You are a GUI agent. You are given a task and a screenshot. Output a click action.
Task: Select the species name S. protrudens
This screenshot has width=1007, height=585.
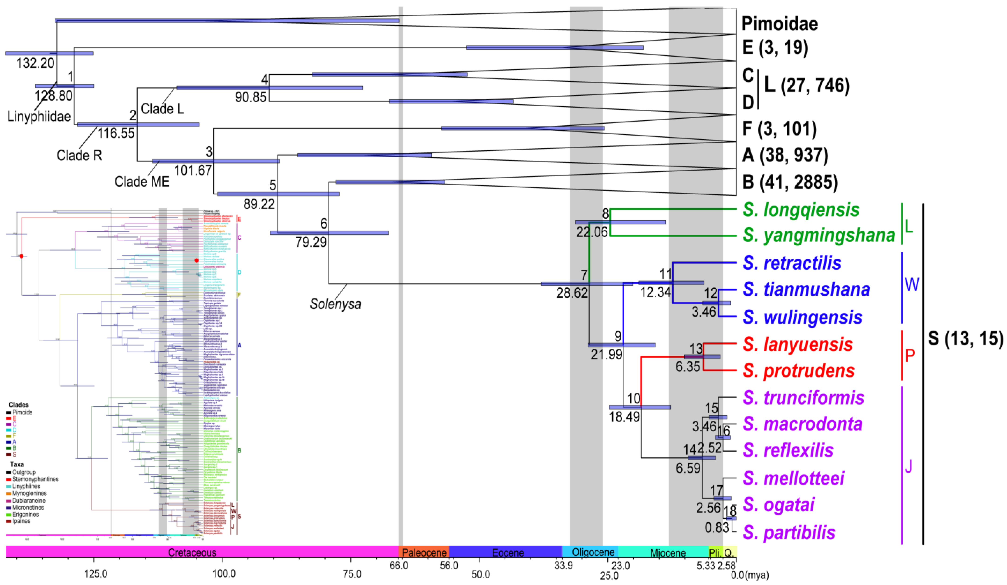[798, 371]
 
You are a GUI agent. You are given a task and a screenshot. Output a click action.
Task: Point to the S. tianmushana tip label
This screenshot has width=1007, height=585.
[806, 289]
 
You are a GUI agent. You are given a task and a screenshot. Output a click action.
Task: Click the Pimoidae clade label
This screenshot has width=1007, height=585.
[779, 24]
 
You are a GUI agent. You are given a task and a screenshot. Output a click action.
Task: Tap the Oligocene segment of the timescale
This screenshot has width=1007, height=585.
[593, 552]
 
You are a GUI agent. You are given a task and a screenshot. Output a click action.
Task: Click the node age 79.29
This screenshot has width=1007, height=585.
[311, 242]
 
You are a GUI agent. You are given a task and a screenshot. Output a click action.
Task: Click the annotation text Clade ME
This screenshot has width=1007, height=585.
[142, 182]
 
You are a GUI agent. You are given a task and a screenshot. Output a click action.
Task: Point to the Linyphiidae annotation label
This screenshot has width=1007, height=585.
[39, 117]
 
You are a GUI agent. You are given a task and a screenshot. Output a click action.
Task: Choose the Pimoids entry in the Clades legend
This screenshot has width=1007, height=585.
[22, 412]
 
